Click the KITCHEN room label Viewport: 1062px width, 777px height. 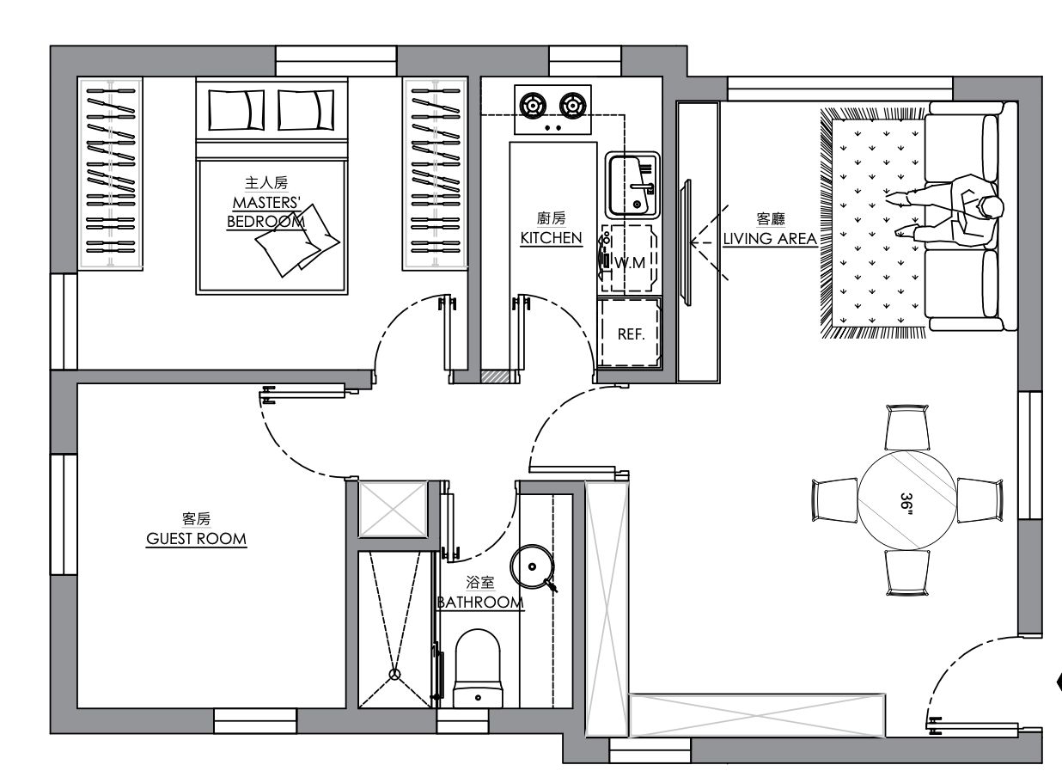pos(551,237)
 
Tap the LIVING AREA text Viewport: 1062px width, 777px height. pos(770,239)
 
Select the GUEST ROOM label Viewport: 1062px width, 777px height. pos(196,539)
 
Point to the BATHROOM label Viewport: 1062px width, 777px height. pos(480,603)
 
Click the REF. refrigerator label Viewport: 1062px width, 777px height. pos(631,334)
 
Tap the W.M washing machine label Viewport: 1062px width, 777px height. pos(630,262)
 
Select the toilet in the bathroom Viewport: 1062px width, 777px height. pos(478,669)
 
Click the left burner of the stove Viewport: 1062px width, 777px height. pos(533,106)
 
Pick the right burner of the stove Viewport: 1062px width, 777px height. pos(573,106)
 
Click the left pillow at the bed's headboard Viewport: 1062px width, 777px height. pos(236,110)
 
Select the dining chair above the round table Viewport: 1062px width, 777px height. pos(907,427)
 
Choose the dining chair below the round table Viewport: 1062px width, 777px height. pos(907,572)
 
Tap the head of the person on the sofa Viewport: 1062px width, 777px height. pos(992,207)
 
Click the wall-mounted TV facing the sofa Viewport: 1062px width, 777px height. pos(686,243)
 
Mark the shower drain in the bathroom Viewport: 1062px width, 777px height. pos(394,674)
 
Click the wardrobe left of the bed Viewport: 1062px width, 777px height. pos(110,174)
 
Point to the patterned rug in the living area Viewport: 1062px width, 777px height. pos(873,223)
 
